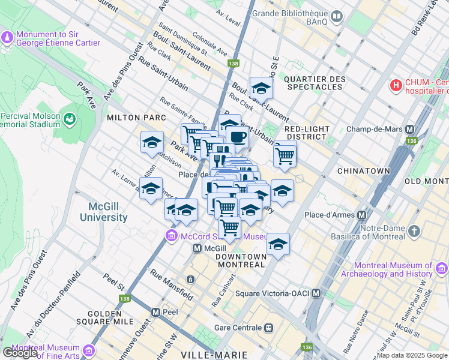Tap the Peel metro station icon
[156, 312]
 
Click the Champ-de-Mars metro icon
[411, 129]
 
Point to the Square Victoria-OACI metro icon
[316, 293]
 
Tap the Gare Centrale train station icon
[269, 328]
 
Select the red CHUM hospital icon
[396, 86]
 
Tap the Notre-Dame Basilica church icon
[414, 231]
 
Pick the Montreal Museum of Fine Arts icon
[89, 350]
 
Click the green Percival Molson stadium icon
[70, 119]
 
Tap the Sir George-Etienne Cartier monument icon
[7, 38]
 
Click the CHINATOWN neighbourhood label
[364, 171]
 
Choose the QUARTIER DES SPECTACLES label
[315, 83]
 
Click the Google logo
[20, 353]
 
